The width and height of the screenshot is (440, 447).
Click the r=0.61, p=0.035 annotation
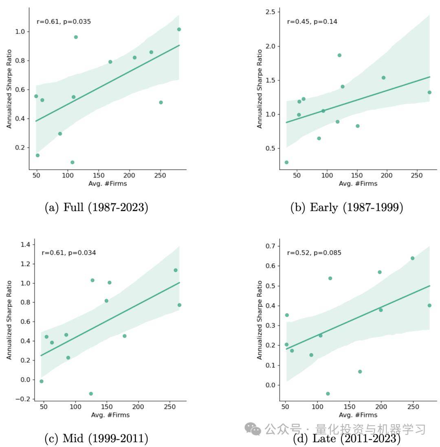(64, 22)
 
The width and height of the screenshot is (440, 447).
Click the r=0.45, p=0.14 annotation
(312, 22)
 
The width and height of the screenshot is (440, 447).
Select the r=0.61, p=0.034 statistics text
(69, 253)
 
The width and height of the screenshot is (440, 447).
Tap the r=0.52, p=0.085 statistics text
(314, 253)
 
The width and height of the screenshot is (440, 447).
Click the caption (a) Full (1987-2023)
(96, 207)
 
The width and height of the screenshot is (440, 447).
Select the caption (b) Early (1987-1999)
(347, 207)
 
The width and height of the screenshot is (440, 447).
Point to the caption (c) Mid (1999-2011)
(96, 438)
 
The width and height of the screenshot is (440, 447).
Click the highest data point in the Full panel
(179, 29)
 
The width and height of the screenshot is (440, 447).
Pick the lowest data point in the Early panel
(286, 162)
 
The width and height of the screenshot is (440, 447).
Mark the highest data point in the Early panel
(339, 55)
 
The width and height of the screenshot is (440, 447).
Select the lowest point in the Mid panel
(91, 394)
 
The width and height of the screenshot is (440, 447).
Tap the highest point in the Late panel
(412, 258)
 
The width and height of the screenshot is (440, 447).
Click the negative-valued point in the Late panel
(328, 394)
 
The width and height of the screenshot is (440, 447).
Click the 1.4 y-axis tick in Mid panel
(25, 244)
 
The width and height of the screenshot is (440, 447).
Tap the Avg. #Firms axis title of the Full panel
(108, 184)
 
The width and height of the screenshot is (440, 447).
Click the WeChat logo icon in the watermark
(253, 429)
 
